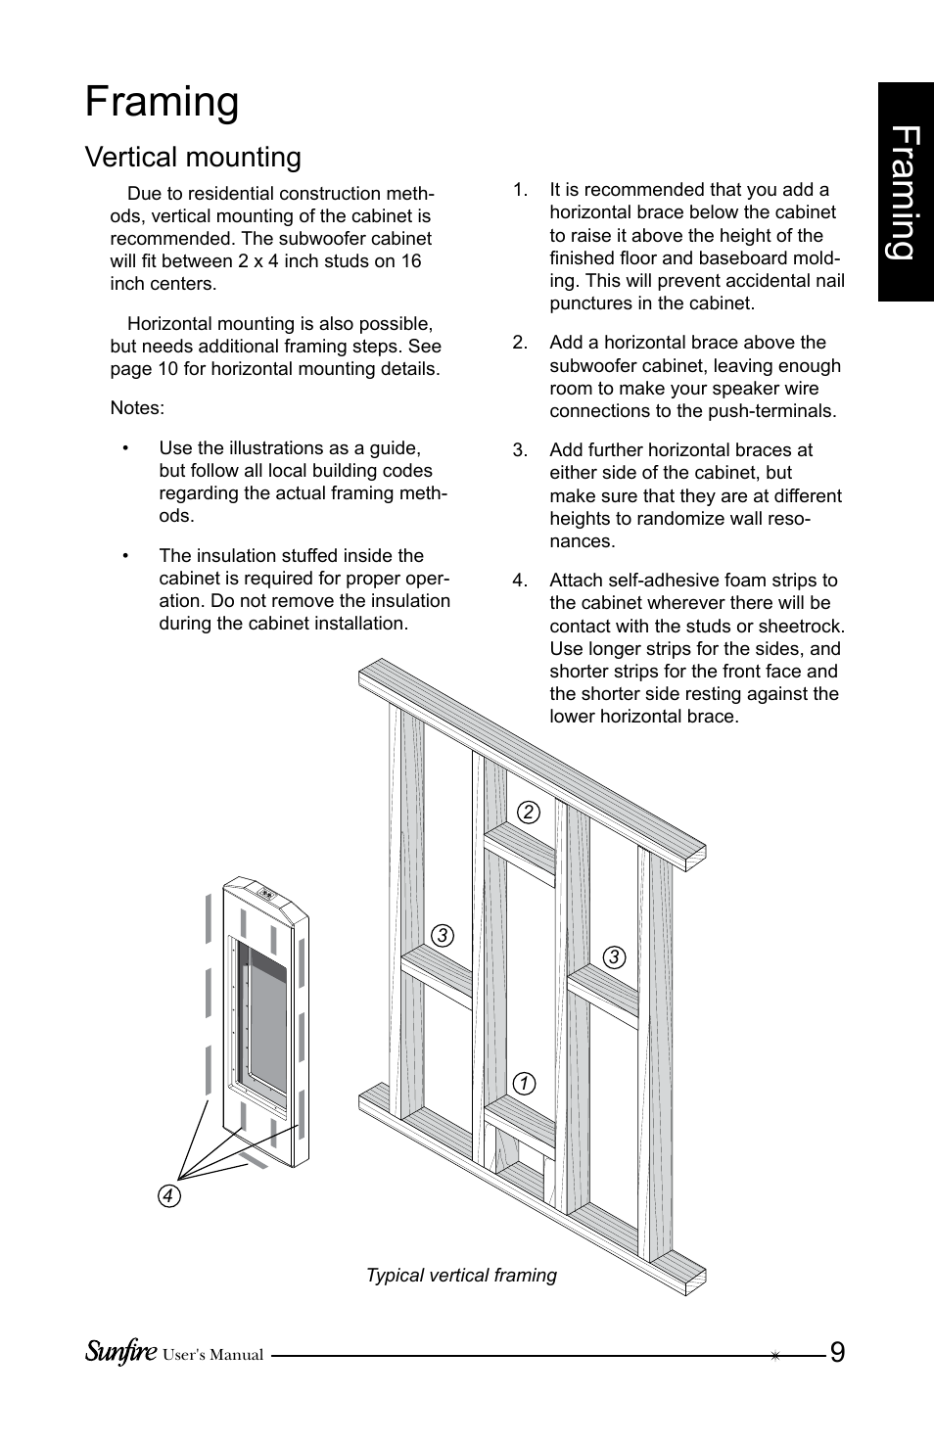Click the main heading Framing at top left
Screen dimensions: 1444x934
162,103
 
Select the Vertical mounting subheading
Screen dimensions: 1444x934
193,158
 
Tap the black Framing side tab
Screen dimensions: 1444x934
905,192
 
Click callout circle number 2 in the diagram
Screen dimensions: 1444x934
529,812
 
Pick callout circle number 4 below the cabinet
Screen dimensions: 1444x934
169,1196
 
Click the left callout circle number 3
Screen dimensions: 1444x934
443,935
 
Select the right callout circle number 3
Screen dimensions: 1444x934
614,956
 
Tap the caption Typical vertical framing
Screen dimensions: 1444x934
461,1275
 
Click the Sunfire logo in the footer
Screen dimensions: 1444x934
119,1353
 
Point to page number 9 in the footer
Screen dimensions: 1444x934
837,1353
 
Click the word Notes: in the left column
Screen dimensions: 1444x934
137,408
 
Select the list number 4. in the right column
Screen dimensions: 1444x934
520,581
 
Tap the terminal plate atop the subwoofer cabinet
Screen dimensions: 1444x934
266,893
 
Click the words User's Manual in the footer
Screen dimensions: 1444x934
212,1356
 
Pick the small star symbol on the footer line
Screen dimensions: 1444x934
774,1356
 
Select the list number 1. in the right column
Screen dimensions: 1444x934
520,190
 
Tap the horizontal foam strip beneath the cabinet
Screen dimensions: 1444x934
254,1159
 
